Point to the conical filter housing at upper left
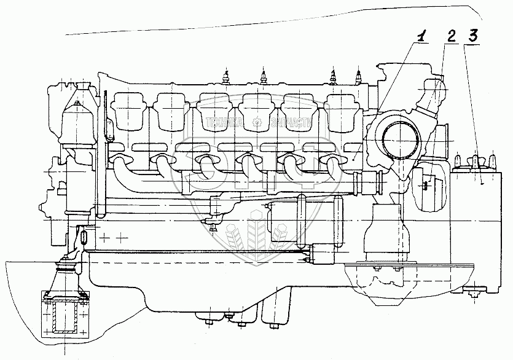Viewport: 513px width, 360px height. pyautogui.click(x=77, y=116)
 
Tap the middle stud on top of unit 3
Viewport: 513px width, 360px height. pyautogui.click(x=477, y=161)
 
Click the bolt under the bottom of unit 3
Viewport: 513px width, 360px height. pyautogui.click(x=477, y=294)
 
